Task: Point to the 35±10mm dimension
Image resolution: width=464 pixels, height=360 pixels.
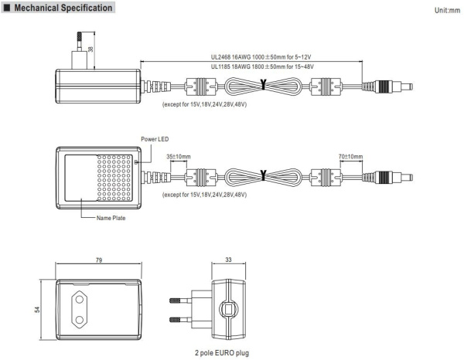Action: (178, 156)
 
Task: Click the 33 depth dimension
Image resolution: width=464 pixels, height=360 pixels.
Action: (229, 261)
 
